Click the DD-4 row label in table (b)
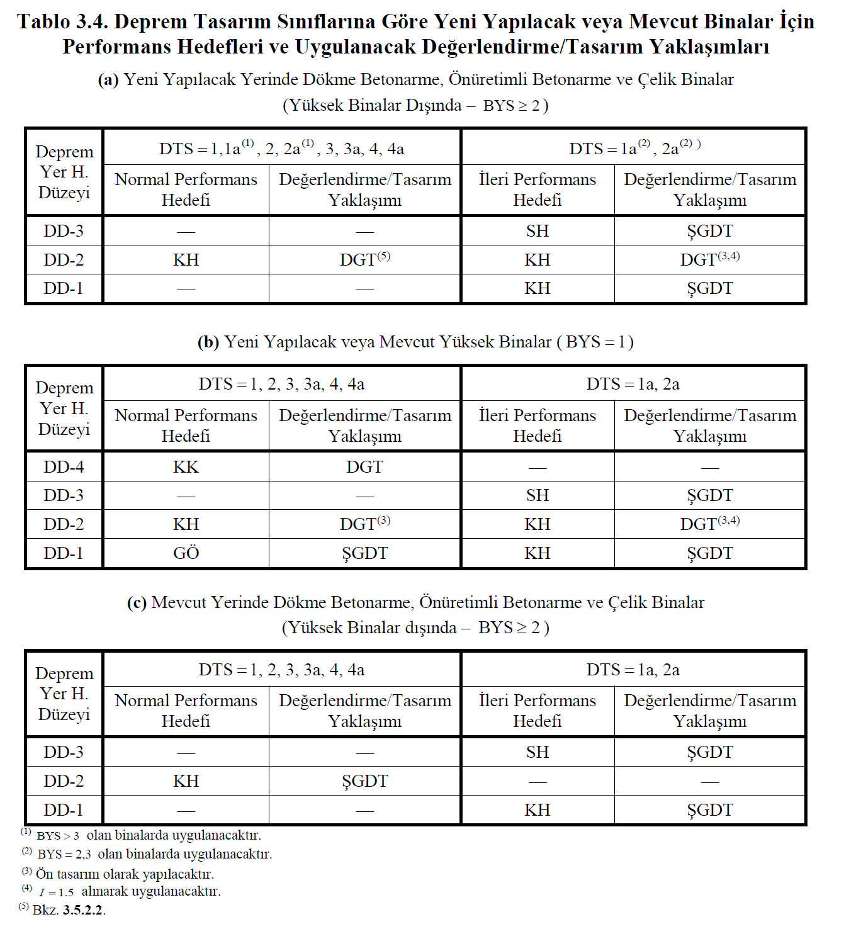(64, 467)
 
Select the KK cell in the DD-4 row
(186, 467)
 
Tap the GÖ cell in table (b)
(186, 553)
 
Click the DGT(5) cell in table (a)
(364, 259)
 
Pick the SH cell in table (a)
(537, 231)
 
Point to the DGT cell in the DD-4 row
(364, 467)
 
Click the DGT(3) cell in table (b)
(364, 524)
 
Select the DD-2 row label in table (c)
(64, 781)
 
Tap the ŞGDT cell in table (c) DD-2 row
(364, 781)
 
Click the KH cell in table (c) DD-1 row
(537, 810)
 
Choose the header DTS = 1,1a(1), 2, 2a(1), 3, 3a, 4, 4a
(281, 149)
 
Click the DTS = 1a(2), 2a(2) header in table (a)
(634, 149)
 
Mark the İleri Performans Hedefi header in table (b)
(537, 425)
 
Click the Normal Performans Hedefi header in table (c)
(186, 711)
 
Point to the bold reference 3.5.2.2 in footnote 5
(84, 910)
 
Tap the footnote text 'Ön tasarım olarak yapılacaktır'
(125, 874)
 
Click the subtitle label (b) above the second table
(208, 342)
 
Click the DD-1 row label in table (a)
(64, 288)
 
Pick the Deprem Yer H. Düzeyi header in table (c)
(64, 694)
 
